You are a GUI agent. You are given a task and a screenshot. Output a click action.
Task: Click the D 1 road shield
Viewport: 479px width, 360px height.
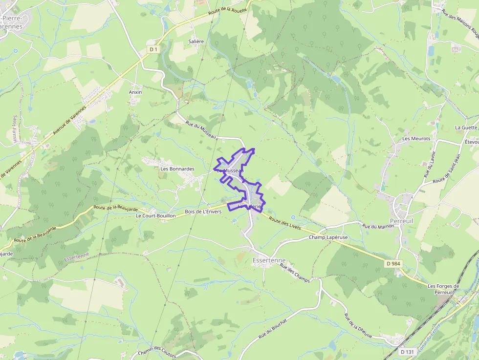point(154,49)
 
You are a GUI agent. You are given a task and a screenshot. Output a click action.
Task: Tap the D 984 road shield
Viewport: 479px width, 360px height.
point(393,264)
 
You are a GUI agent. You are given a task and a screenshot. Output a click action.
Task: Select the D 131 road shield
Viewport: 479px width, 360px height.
point(407,352)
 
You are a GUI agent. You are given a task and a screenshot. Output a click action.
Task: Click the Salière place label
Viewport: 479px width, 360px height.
point(196,42)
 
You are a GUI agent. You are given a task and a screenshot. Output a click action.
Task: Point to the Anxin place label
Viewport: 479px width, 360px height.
point(135,92)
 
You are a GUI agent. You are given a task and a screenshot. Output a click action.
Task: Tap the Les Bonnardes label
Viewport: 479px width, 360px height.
point(177,169)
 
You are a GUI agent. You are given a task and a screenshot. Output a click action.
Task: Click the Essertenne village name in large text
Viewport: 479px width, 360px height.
point(269,261)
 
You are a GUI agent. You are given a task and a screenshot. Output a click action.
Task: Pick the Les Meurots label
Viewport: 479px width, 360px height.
point(416,139)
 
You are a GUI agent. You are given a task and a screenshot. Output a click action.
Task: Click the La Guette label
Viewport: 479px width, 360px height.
point(466,127)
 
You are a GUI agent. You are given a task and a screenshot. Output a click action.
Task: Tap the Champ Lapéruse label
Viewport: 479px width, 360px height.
point(328,237)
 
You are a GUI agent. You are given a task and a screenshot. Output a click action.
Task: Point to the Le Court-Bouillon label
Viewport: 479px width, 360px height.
point(156,215)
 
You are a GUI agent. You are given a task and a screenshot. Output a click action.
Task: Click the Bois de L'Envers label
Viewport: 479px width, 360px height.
point(203,212)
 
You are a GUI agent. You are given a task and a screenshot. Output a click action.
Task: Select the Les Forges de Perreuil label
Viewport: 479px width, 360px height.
point(444,289)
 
